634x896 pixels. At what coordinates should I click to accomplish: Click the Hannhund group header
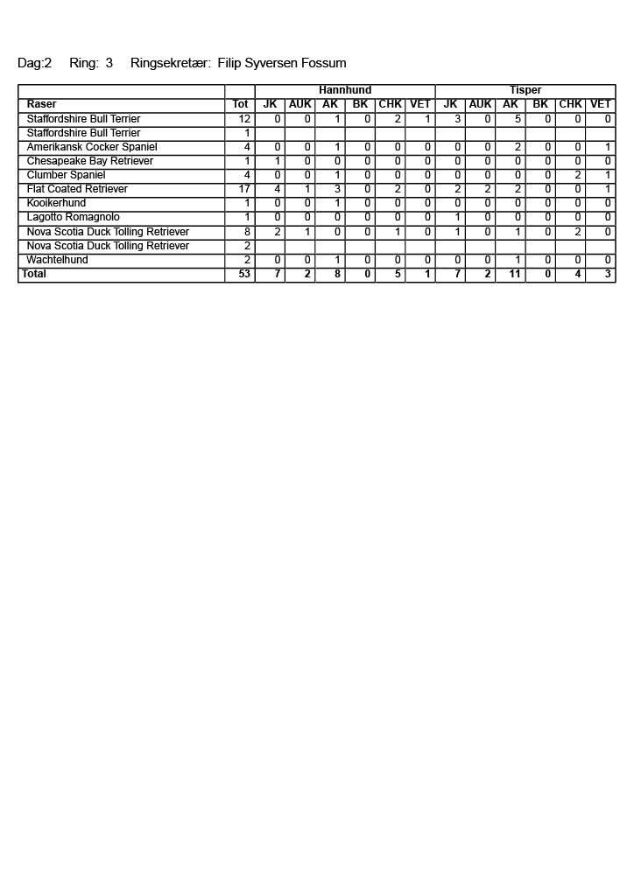(x=345, y=90)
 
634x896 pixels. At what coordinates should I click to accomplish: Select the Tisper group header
(x=525, y=90)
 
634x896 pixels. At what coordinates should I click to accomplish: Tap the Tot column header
(x=240, y=104)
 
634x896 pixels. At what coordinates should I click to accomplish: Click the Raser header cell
(x=42, y=104)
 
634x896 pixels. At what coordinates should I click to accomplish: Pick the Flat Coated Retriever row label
(x=77, y=189)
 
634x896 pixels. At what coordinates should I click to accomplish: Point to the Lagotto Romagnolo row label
(x=74, y=217)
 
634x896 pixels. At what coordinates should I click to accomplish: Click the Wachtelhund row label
(x=57, y=260)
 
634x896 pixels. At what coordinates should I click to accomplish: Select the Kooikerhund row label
(x=56, y=203)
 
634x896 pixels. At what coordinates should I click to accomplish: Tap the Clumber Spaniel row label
(x=66, y=175)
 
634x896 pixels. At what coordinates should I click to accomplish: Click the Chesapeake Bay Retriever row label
(x=90, y=161)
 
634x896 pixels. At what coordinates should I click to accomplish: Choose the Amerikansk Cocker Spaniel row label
(x=92, y=147)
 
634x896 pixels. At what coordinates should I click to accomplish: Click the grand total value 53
(x=244, y=274)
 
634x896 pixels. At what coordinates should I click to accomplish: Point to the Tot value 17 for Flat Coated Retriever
(x=245, y=189)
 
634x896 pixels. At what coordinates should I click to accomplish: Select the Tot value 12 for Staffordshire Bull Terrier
(x=245, y=119)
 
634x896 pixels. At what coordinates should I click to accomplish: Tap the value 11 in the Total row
(x=515, y=274)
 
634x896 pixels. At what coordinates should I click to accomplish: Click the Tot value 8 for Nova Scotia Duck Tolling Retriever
(x=248, y=232)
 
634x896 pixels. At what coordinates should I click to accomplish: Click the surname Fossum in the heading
(x=323, y=63)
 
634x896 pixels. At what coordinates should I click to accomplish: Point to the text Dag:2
(x=35, y=63)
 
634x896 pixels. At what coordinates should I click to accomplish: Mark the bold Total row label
(x=35, y=274)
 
